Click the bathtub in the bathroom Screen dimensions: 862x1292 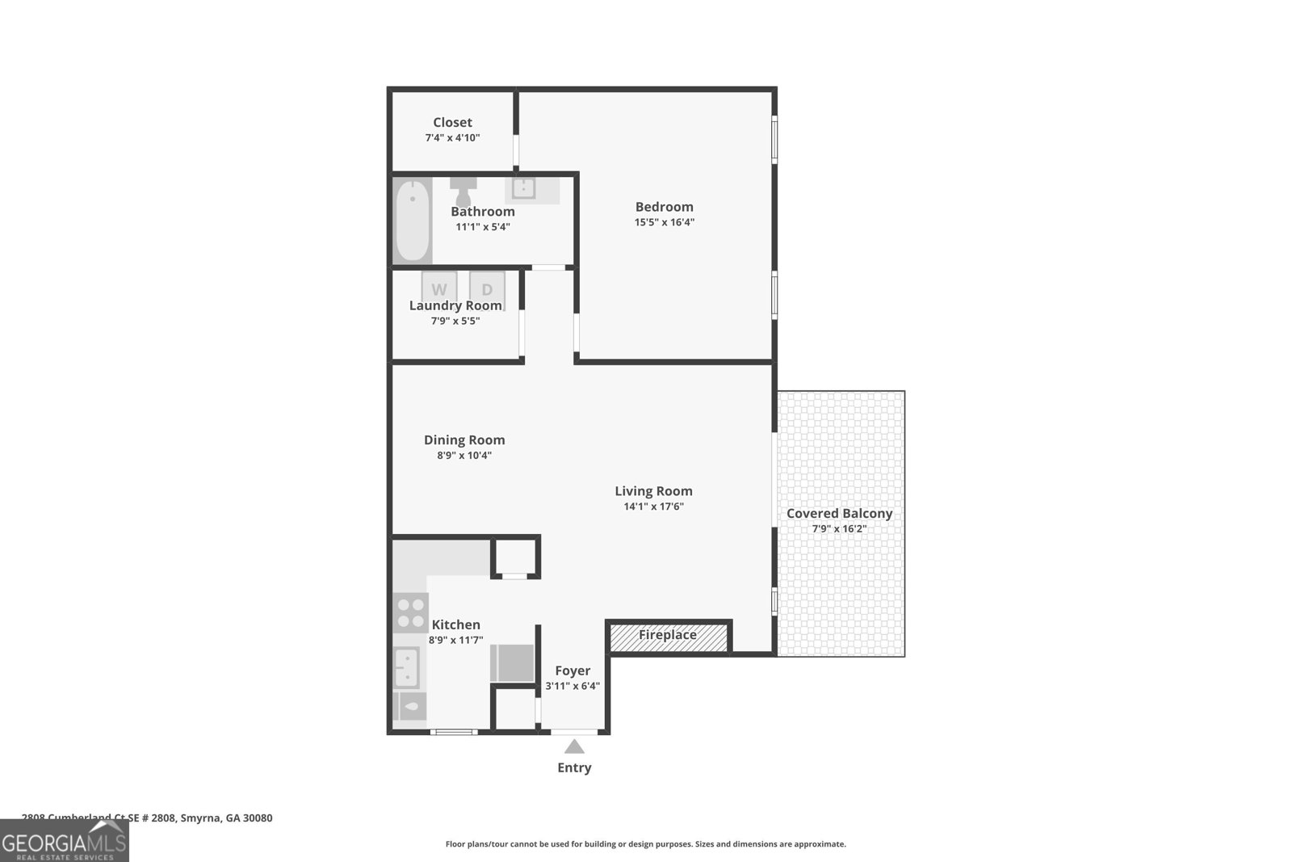click(x=412, y=220)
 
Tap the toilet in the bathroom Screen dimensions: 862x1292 click(x=464, y=192)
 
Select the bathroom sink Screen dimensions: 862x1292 click(x=523, y=189)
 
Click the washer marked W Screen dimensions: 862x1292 click(x=438, y=288)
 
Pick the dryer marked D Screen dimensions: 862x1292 click(x=487, y=288)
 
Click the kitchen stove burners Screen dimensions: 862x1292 click(x=410, y=612)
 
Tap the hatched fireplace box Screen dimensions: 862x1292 click(x=669, y=637)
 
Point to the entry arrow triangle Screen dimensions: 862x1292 click(x=574, y=746)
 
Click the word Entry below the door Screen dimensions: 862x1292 click(x=574, y=767)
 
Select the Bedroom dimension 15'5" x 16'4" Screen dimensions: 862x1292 click(x=664, y=222)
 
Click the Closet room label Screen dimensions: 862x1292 click(x=452, y=123)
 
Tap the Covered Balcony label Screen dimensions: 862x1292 click(x=839, y=514)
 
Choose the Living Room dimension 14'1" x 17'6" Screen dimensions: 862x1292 click(x=653, y=507)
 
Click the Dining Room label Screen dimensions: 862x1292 click(x=464, y=440)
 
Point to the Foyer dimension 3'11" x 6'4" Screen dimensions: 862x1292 click(x=573, y=686)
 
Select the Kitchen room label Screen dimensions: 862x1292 click(x=455, y=624)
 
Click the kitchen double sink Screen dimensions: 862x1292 click(x=406, y=667)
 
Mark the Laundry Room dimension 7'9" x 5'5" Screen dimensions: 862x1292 click(x=455, y=321)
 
